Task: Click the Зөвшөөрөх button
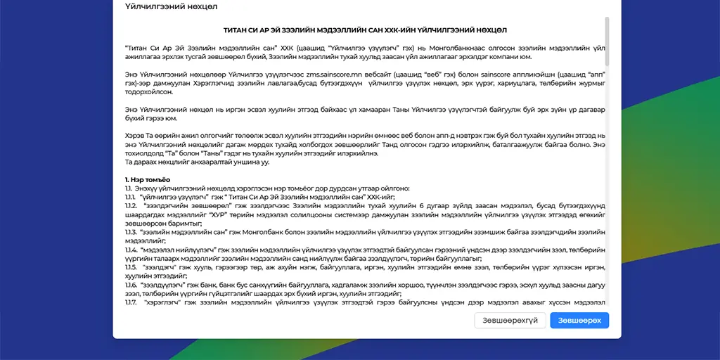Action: click(x=579, y=321)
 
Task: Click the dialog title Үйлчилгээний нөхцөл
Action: click(x=171, y=6)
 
